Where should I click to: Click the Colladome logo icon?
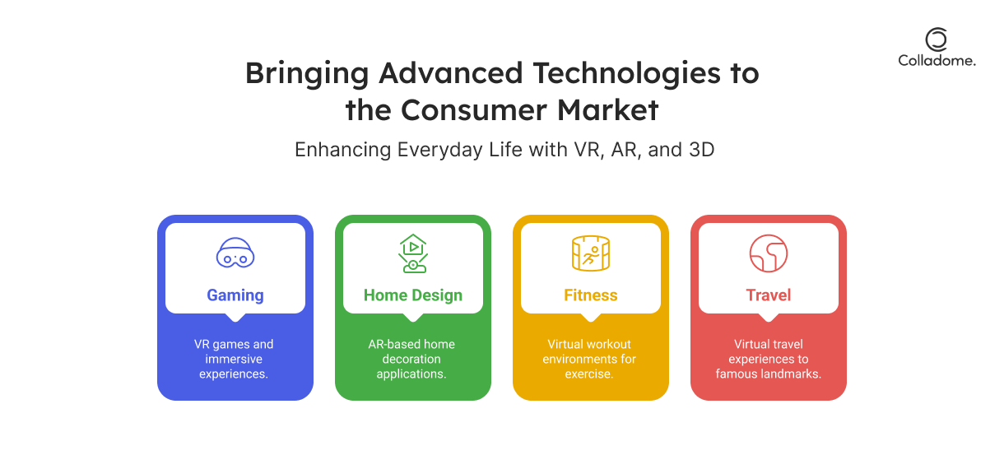937,39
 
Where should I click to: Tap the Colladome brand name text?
937,61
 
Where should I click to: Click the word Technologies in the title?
626,74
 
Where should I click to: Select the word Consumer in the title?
474,110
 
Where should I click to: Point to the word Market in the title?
608,110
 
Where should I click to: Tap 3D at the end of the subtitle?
701,150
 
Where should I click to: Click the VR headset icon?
235,253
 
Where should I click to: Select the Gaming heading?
235,295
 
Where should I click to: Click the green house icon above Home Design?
413,253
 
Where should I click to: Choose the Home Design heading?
413,295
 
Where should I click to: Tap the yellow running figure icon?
591,253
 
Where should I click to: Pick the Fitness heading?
591,295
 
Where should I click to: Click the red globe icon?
769,253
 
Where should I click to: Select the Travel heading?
769,295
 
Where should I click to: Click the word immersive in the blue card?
234,359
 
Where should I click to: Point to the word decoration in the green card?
411,359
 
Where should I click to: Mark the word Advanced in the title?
451,73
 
